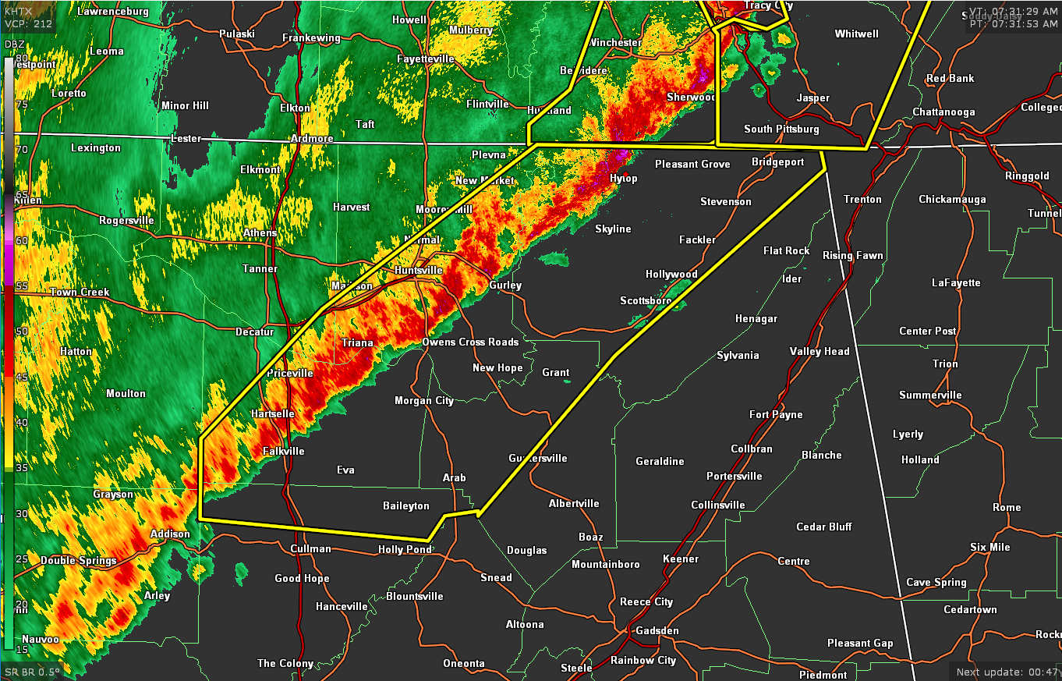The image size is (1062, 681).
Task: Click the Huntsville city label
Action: click(419, 270)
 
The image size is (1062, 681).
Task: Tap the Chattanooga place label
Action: click(943, 112)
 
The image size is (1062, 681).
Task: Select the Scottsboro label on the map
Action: click(646, 300)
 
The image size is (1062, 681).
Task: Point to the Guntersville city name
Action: click(538, 458)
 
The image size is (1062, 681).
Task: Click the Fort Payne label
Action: click(776, 414)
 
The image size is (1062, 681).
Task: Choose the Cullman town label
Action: click(310, 548)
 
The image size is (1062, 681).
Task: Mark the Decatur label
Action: click(255, 332)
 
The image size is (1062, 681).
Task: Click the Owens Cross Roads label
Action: click(470, 342)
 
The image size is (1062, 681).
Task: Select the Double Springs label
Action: click(78, 560)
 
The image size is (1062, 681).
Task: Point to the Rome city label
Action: click(1007, 507)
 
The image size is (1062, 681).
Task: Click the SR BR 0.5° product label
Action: click(32, 671)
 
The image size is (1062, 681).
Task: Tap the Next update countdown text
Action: click(1007, 672)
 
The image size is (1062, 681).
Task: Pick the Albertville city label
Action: click(574, 503)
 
